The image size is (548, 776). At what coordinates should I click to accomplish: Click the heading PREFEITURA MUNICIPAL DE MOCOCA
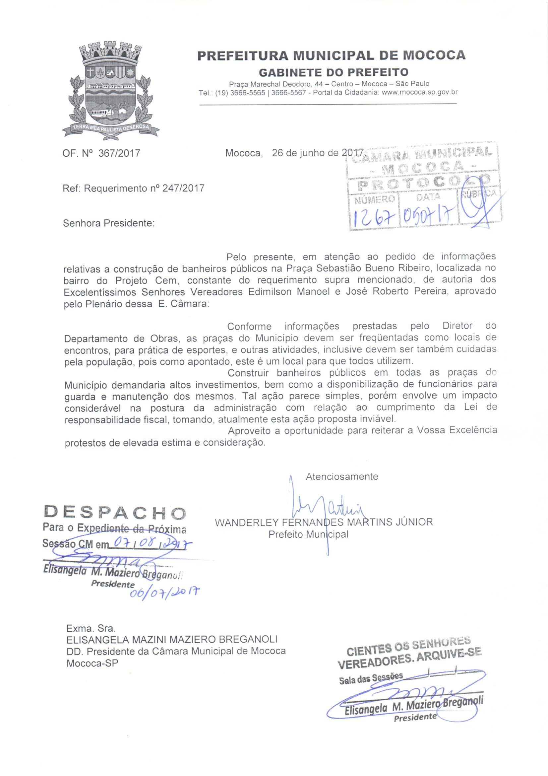(x=331, y=55)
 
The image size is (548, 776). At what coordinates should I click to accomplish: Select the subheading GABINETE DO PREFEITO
(x=333, y=72)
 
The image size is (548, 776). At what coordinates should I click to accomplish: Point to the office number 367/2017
(x=119, y=153)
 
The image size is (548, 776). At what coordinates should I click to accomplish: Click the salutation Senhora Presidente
(x=109, y=223)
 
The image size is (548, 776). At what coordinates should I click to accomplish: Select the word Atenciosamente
(x=342, y=477)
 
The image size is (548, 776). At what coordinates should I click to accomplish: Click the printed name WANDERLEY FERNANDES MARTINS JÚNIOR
(x=324, y=522)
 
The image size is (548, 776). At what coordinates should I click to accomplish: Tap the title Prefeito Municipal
(x=308, y=535)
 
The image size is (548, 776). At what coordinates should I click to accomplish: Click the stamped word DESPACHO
(x=115, y=513)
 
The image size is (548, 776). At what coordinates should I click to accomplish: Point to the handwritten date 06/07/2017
(x=164, y=592)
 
